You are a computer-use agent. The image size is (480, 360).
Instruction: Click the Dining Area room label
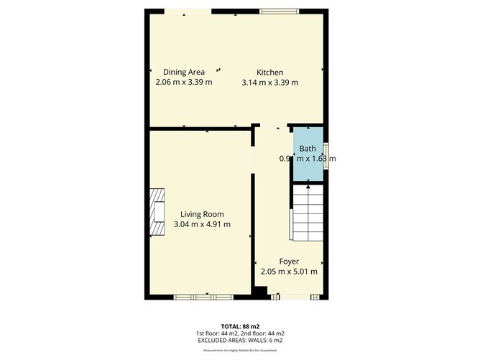pyautogui.click(x=184, y=72)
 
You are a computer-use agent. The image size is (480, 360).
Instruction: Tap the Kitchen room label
pyautogui.click(x=270, y=72)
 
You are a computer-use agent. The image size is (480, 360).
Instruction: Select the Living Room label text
pyautogui.click(x=202, y=214)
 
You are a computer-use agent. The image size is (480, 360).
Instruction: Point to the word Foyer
pyautogui.click(x=289, y=261)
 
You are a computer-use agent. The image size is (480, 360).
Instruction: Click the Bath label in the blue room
pyautogui.click(x=308, y=149)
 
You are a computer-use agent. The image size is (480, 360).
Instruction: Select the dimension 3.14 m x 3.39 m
pyautogui.click(x=270, y=82)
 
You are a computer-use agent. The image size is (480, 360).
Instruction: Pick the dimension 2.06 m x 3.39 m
pyautogui.click(x=184, y=82)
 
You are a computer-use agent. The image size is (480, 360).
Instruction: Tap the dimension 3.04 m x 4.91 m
pyautogui.click(x=202, y=224)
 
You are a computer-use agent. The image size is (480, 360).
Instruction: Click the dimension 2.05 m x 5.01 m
pyautogui.click(x=289, y=271)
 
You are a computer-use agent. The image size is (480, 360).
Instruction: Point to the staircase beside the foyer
pyautogui.click(x=309, y=213)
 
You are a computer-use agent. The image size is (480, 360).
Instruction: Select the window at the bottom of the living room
pyautogui.click(x=203, y=295)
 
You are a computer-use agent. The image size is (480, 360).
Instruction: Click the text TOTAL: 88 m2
pyautogui.click(x=239, y=326)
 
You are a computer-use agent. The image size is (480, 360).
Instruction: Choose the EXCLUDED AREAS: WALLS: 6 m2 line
pyautogui.click(x=239, y=341)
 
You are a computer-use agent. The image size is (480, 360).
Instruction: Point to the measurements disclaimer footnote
pyautogui.click(x=239, y=351)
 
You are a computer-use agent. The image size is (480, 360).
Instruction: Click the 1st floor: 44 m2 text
pyautogui.click(x=217, y=333)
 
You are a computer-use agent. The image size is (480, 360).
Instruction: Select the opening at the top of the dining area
pyautogui.click(x=188, y=11)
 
